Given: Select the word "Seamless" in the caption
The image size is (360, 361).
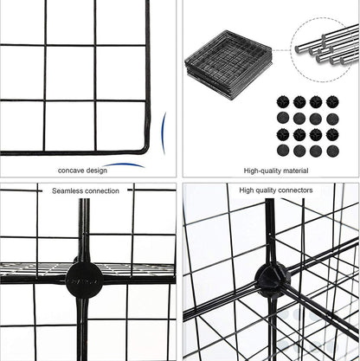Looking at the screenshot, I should pyautogui.click(x=70, y=190).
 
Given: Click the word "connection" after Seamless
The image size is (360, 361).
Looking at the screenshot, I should pyautogui.click(x=103, y=190).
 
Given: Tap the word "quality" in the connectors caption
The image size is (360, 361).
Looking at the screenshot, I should pyautogui.click(x=266, y=189).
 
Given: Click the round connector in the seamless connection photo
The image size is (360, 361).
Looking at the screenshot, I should pyautogui.click(x=85, y=279).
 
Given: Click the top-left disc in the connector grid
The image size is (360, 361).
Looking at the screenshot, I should pyautogui.click(x=283, y=102).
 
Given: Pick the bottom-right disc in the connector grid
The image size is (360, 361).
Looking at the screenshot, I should pyautogui.click(x=331, y=151).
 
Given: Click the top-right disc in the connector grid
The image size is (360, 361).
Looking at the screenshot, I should pyautogui.click(x=331, y=102).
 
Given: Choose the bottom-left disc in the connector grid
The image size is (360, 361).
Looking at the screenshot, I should pyautogui.click(x=283, y=151).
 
